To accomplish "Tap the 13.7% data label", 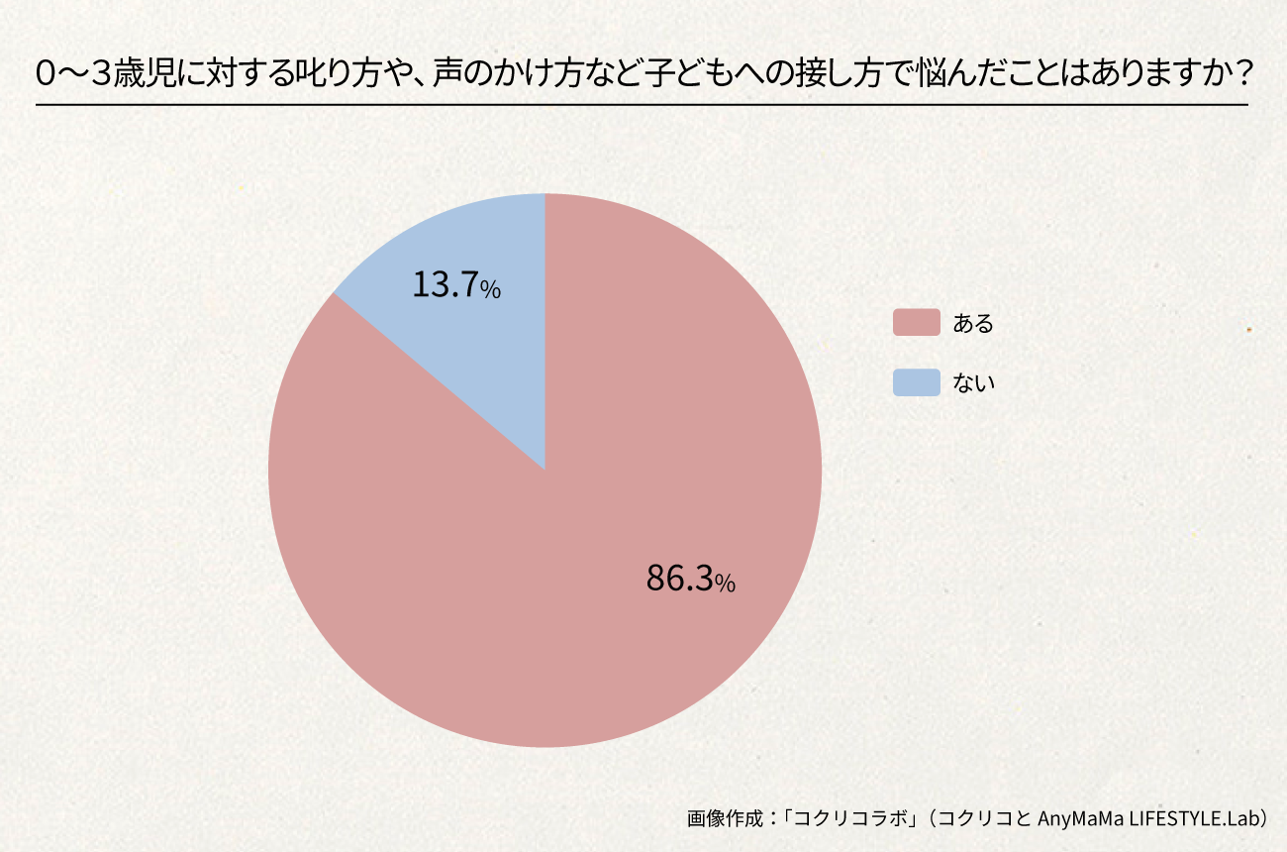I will click(x=456, y=286).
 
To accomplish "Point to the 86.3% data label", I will click(x=690, y=579).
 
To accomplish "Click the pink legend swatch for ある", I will click(x=916, y=322).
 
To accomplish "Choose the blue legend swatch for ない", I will click(x=916, y=382).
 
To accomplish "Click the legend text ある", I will click(x=972, y=323).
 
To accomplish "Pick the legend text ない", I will click(x=972, y=383).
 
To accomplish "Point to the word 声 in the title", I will click(x=458, y=74).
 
